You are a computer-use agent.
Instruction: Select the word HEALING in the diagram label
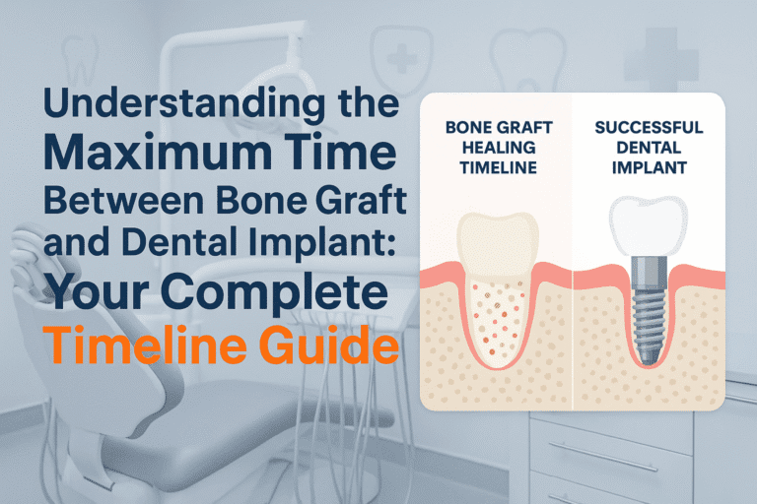(499, 149)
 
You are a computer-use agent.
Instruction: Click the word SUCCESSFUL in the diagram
(649, 128)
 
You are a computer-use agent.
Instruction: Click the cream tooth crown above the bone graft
(497, 241)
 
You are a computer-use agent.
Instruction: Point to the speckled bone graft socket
(498, 315)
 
